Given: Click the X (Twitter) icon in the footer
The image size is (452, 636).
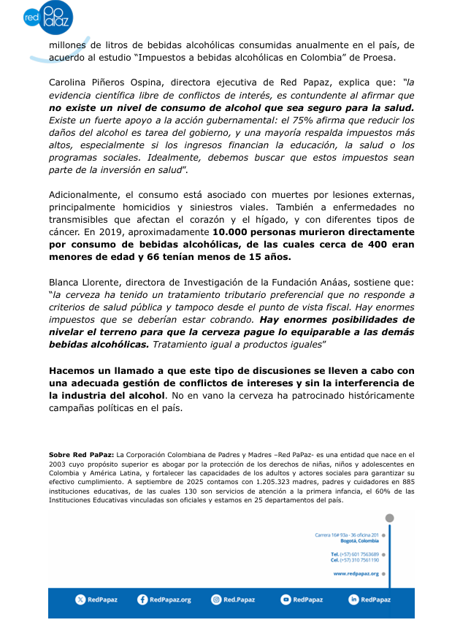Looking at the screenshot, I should tap(80, 599).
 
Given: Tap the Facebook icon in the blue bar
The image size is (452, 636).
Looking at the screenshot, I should tap(142, 599).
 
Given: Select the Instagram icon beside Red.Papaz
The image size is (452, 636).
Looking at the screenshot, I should tap(216, 599).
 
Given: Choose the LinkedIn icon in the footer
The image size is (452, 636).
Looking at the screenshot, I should tap(353, 599).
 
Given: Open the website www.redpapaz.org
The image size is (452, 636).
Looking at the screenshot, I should tap(356, 574).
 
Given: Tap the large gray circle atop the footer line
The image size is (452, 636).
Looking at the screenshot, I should tap(389, 518).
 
